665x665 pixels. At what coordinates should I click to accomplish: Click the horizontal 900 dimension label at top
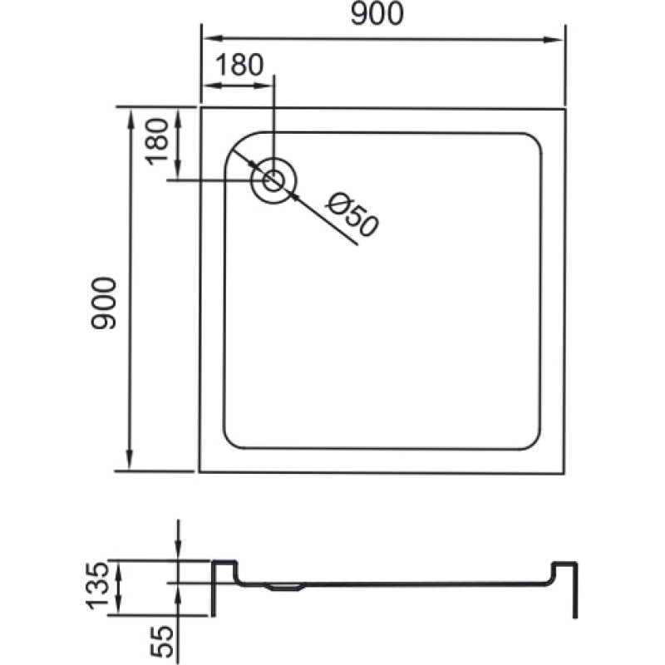tap(377, 14)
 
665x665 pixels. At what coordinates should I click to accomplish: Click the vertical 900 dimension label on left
tap(103, 303)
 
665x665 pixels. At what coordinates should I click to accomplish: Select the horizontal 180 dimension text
tap(239, 65)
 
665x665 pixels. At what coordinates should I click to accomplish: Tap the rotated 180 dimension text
tap(157, 141)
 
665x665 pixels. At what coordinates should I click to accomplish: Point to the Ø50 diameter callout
tap(352, 214)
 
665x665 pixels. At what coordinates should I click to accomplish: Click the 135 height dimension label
tap(98, 586)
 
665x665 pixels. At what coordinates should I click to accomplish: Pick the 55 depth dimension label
tap(162, 642)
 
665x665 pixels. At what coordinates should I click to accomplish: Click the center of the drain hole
tap(273, 180)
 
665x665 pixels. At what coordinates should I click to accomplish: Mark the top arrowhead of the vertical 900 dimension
tap(131, 119)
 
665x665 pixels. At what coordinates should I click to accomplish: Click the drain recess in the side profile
tap(284, 588)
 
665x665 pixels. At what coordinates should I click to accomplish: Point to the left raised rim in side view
tap(224, 563)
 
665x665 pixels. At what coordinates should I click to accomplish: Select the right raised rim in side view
tap(564, 564)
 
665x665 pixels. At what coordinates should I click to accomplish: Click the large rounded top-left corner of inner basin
tap(238, 146)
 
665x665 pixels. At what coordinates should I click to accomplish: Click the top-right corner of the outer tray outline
tap(565, 110)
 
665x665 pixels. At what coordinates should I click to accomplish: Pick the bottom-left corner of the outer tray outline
tap(199, 471)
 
